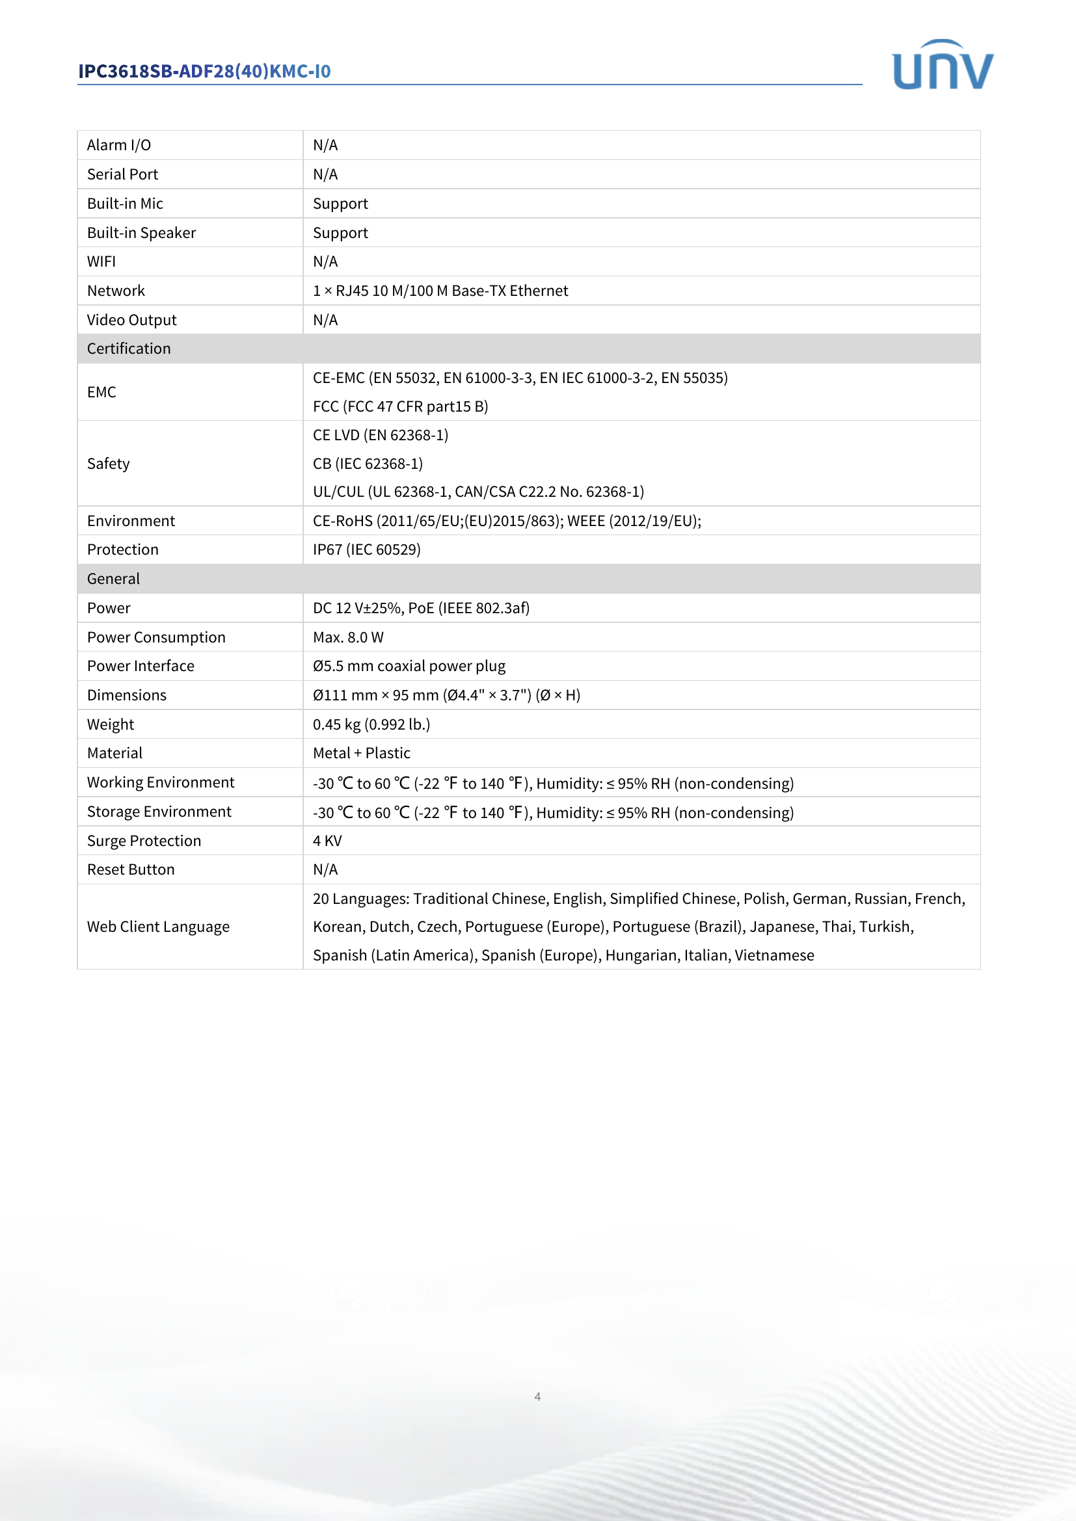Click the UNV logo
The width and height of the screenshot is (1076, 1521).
[x=942, y=65]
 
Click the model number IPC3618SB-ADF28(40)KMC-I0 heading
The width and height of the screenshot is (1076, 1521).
[x=205, y=71]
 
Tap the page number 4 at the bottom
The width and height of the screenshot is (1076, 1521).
[x=537, y=1395]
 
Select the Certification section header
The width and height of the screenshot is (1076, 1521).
[x=129, y=349]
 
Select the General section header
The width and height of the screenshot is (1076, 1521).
[x=113, y=578]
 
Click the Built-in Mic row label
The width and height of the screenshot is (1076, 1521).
[x=125, y=204]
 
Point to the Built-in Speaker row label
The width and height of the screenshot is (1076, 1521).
[x=141, y=233]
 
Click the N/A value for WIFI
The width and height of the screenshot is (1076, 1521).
[x=325, y=261]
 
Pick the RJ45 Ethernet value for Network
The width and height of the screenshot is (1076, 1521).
[x=440, y=291]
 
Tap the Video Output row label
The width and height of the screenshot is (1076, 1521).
[x=132, y=320]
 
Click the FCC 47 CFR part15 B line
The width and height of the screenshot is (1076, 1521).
[x=400, y=406]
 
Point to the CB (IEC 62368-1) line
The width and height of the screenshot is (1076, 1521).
[x=368, y=464]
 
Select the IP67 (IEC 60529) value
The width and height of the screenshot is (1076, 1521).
[x=366, y=549]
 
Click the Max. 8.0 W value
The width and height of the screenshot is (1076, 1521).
[x=348, y=637]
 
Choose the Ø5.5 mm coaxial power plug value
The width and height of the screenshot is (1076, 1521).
[x=409, y=666]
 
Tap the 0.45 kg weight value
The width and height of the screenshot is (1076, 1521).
[x=371, y=724]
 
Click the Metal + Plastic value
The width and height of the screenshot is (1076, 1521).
[x=361, y=753]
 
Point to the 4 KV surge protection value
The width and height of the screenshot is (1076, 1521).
[x=327, y=841]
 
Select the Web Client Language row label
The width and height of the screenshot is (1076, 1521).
[x=158, y=927]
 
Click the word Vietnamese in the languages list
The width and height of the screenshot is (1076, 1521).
[x=774, y=955]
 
